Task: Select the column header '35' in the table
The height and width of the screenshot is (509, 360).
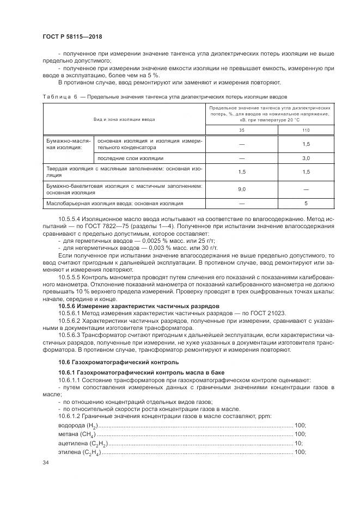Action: click(242, 130)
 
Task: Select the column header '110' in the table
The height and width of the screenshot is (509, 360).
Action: click(306, 130)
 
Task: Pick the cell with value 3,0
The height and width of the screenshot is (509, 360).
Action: click(306, 158)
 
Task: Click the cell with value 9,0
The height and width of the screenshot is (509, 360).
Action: click(242, 189)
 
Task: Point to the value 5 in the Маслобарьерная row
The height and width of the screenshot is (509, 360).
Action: click(306, 203)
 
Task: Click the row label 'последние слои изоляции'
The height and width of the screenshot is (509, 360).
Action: click(130, 158)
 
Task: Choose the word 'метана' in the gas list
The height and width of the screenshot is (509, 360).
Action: click(68, 434)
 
